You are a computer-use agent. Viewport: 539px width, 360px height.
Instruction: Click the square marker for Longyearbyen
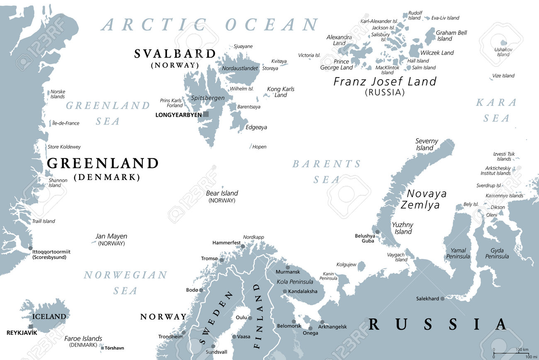[206, 114]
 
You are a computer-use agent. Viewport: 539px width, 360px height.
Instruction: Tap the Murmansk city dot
[287, 267]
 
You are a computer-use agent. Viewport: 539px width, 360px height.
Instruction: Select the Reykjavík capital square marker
[31, 326]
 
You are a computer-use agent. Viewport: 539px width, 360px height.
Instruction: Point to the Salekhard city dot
[442, 299]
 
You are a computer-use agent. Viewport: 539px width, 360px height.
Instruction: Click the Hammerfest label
[226, 243]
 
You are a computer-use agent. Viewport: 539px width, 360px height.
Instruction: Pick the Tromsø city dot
[222, 260]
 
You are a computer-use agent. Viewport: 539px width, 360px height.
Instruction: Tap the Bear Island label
[222, 193]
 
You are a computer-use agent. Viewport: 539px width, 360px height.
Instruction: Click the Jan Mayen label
[111, 236]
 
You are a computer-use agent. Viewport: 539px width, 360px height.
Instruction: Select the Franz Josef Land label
[385, 82]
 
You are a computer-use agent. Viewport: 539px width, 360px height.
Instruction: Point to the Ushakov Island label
[503, 52]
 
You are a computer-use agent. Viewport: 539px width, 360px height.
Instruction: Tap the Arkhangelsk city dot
[322, 322]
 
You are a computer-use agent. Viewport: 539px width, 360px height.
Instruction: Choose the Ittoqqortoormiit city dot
[30, 248]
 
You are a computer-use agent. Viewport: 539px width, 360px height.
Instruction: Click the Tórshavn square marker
[102, 348]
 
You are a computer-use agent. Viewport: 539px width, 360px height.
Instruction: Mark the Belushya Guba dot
[377, 232]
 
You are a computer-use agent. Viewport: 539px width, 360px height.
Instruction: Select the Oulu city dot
[250, 318]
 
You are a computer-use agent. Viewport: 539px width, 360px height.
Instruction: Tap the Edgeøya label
[256, 127]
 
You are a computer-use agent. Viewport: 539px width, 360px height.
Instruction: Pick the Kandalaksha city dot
[284, 291]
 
